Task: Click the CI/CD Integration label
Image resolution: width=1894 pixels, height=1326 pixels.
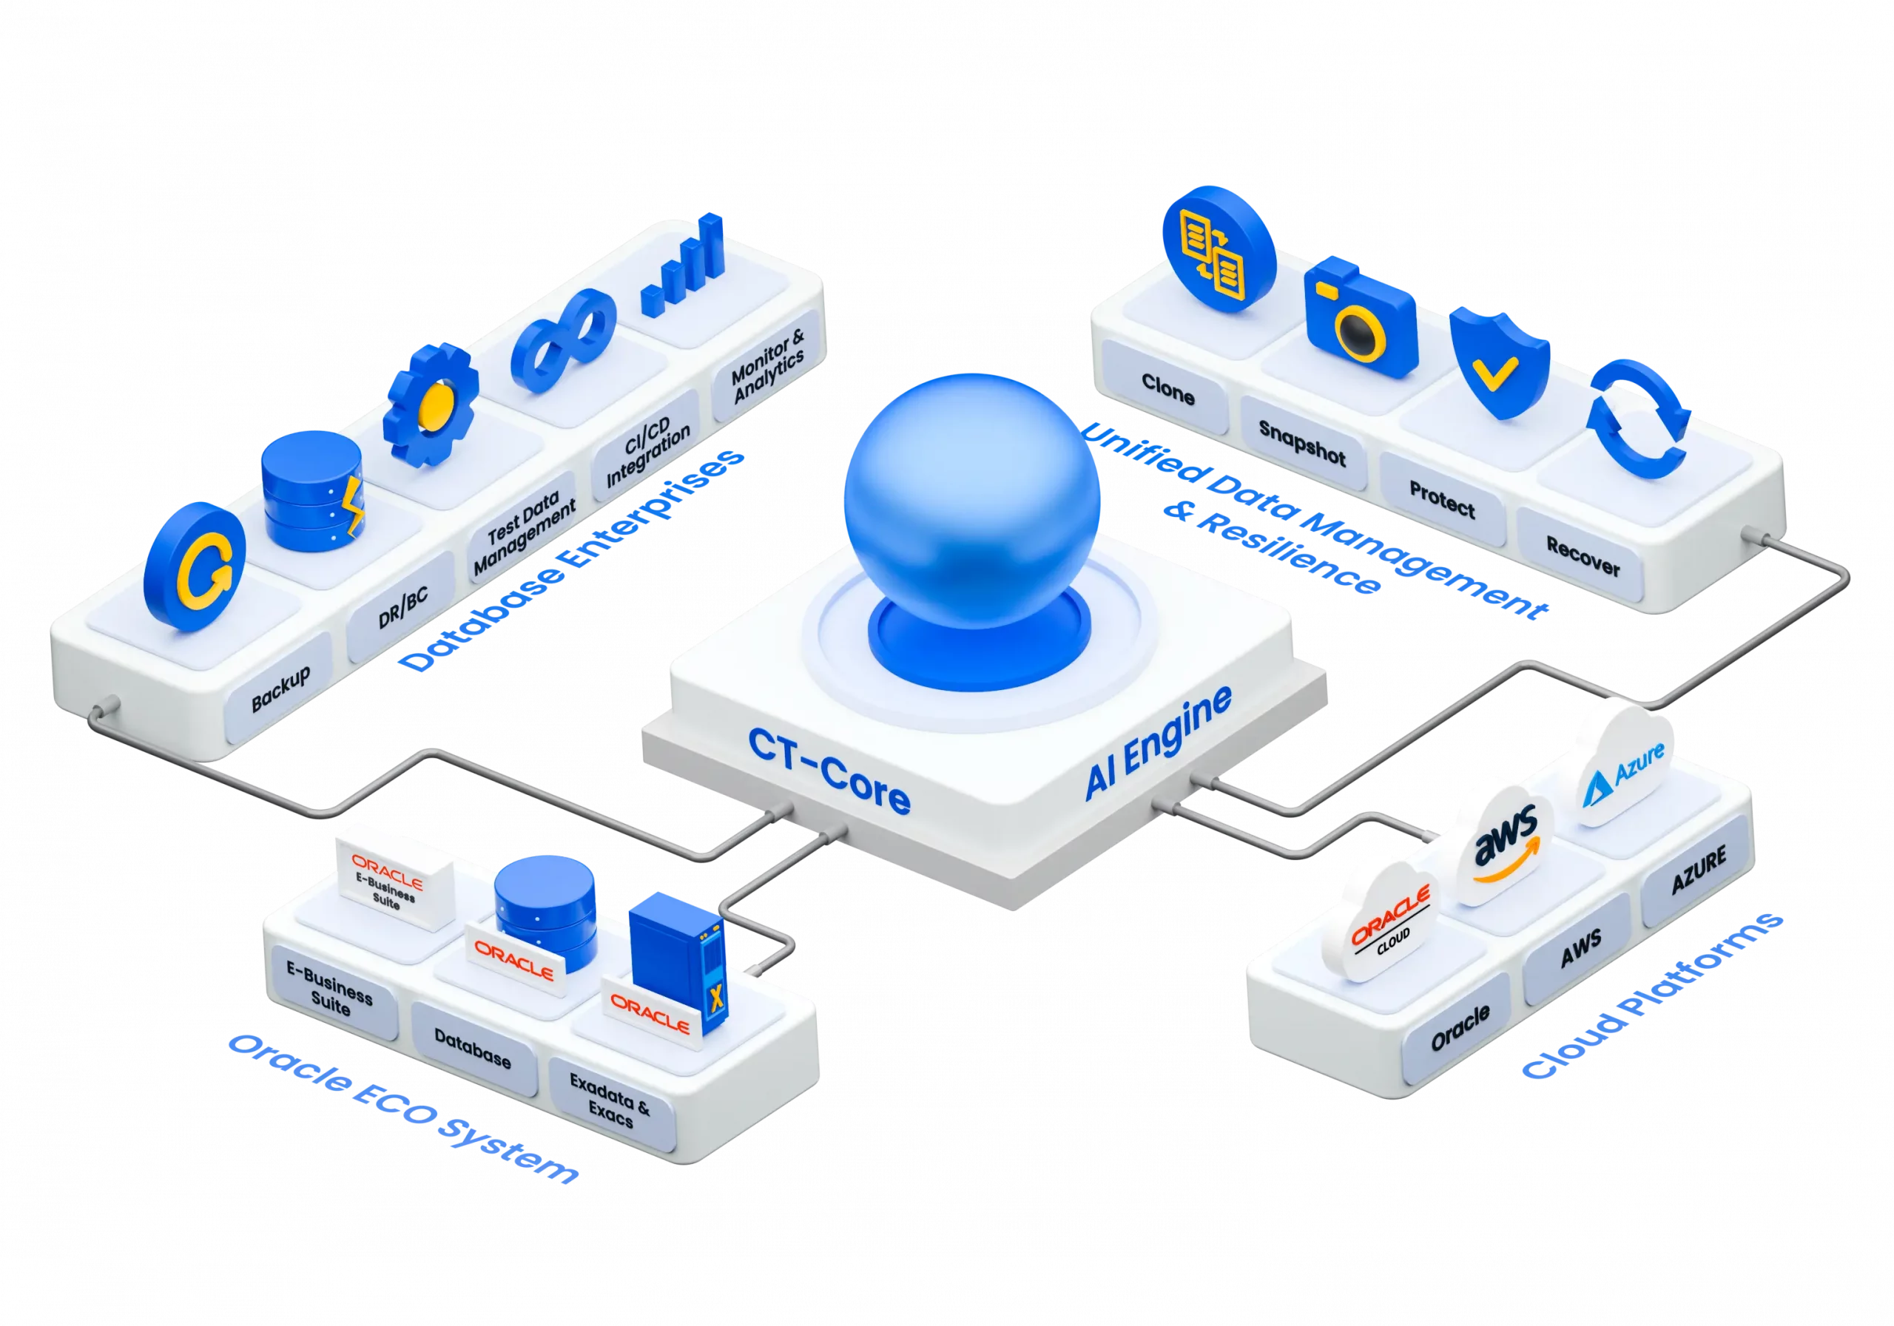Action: [647, 450]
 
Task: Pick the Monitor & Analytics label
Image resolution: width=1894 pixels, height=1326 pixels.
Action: [768, 366]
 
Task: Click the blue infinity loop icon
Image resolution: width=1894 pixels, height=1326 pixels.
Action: [564, 341]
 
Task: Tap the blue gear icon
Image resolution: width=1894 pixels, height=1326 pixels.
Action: [431, 405]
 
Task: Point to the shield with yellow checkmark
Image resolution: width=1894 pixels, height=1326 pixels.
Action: [1499, 364]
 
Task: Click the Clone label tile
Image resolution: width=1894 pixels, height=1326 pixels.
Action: [1167, 388]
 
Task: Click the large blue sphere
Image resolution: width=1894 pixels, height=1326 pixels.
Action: [971, 501]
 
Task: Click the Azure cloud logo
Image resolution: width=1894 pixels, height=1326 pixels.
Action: [1622, 766]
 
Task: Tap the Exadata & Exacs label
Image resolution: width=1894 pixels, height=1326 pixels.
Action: [610, 1099]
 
